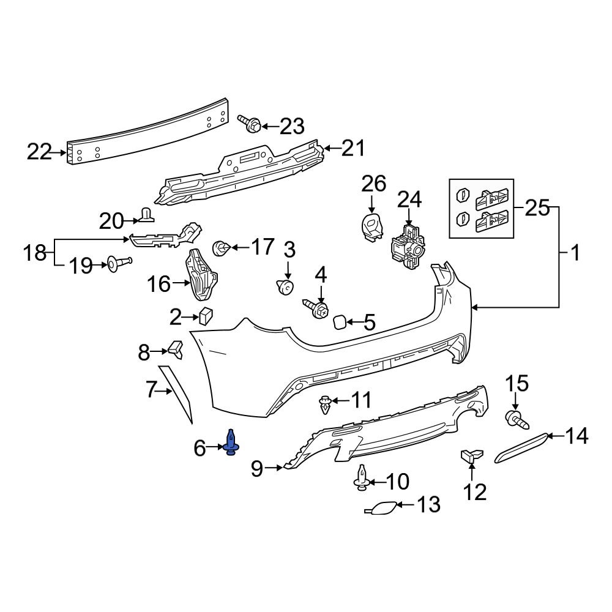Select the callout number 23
(291, 127)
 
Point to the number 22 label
(40, 151)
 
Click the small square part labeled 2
(205, 315)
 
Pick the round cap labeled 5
(338, 321)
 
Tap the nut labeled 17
(220, 248)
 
